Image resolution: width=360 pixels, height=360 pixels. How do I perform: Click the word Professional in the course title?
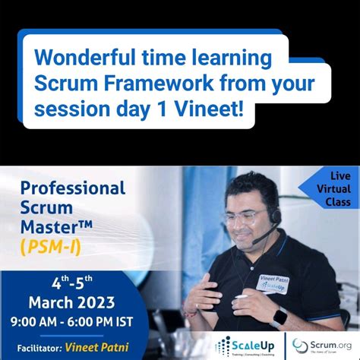(x=72, y=187)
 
